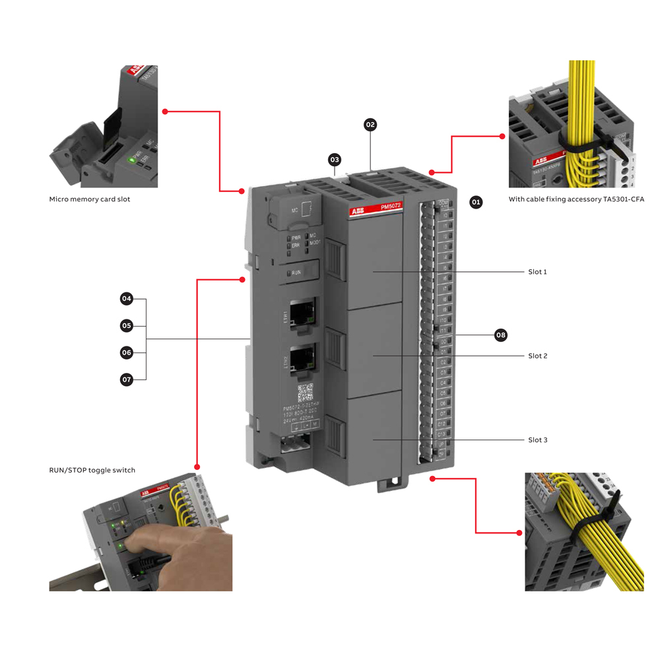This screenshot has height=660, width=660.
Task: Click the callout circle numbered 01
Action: (x=476, y=202)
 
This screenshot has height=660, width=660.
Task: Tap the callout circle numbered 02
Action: (x=370, y=124)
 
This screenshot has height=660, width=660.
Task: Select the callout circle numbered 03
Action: (x=335, y=160)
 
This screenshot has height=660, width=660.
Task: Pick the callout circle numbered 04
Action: (x=127, y=299)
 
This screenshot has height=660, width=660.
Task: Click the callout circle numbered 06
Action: (x=127, y=353)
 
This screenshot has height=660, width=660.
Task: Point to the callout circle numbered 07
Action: (x=127, y=379)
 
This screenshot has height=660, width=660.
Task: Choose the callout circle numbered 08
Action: (x=501, y=335)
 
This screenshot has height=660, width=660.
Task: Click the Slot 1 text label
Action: (x=537, y=272)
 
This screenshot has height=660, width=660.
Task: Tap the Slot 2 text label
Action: (x=537, y=356)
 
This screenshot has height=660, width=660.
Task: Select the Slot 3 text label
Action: (x=537, y=440)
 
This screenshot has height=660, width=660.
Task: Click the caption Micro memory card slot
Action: (x=90, y=199)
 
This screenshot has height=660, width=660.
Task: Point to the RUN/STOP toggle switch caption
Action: (x=92, y=470)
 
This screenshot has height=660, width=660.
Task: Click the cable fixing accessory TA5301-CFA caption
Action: (x=576, y=199)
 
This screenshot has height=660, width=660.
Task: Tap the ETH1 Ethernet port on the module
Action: (x=302, y=312)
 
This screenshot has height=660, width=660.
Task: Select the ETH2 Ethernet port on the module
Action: (x=302, y=358)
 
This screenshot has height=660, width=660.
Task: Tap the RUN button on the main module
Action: (x=296, y=272)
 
